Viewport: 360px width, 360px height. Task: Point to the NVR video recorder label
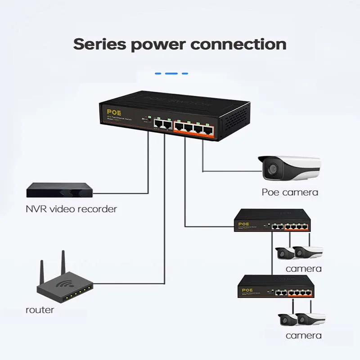point(71,209)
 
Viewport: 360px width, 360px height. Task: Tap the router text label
point(40,310)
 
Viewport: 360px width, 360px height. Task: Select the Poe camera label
point(290,192)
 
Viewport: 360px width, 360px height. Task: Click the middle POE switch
point(273,221)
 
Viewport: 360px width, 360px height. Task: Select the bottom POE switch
point(276,287)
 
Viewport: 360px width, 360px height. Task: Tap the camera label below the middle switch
point(303,269)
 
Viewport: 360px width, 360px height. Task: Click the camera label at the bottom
point(303,335)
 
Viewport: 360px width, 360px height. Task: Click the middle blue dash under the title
point(171,73)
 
